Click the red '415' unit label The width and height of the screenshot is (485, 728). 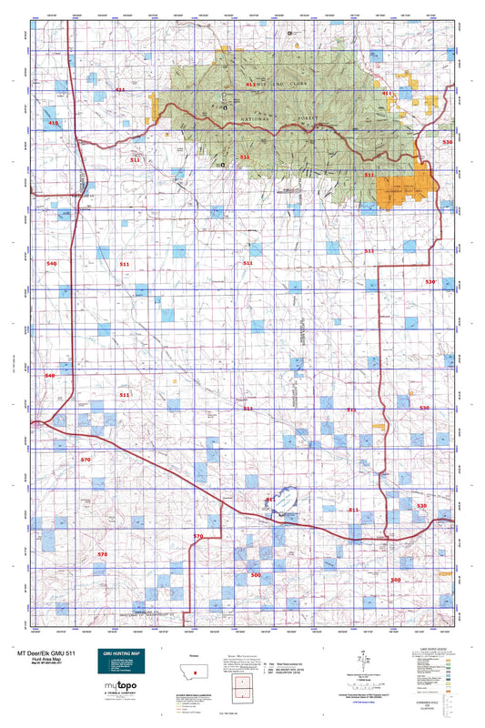[x=54, y=122]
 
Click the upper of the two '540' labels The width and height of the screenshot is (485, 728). [x=51, y=263]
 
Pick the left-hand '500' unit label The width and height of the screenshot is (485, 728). [x=256, y=575]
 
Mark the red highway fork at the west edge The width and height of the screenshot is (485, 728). [x=36, y=421]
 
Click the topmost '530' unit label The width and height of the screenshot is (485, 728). [x=446, y=143]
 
